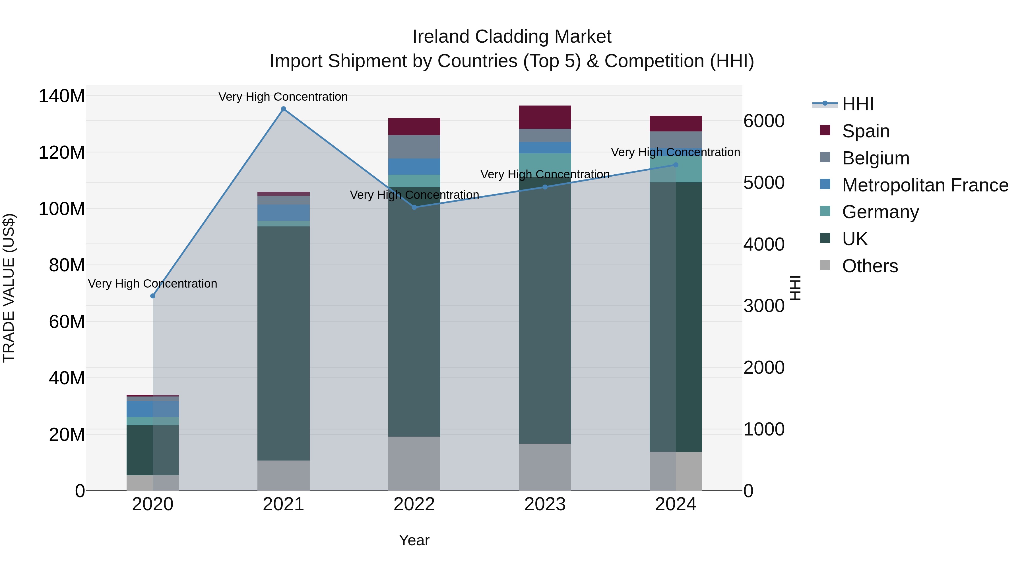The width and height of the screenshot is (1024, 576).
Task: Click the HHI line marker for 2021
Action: (283, 109)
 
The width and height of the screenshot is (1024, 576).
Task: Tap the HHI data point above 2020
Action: (153, 296)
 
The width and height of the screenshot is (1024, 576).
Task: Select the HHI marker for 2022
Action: (414, 207)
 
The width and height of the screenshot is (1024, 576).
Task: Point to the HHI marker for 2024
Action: (676, 165)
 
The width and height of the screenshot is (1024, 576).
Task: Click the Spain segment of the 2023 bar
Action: (545, 117)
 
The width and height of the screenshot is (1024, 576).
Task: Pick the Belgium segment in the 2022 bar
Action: (414, 147)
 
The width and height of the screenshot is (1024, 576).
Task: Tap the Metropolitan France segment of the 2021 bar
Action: (283, 213)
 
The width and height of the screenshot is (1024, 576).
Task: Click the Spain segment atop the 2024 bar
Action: (676, 124)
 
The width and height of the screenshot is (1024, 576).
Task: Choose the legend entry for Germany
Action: (880, 212)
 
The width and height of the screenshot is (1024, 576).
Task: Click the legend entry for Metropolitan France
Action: (925, 185)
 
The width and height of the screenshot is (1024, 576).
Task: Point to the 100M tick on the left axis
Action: (62, 209)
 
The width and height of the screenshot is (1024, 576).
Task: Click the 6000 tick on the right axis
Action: (764, 121)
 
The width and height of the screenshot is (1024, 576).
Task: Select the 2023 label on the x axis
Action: (545, 504)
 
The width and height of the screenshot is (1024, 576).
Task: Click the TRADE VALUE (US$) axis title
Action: (9, 288)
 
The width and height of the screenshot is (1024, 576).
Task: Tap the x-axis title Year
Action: (414, 540)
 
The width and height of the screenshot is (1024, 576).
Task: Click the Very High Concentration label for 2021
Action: (283, 97)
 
